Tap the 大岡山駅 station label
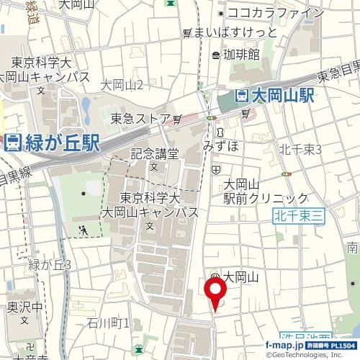[284, 96]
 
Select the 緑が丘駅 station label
[62, 143]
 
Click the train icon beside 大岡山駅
[243, 96]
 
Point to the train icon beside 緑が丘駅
[12, 143]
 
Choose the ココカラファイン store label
[275, 12]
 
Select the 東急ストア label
[140, 119]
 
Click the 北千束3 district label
[300, 149]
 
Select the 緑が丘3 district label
[49, 264]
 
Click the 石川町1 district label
[107, 322]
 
